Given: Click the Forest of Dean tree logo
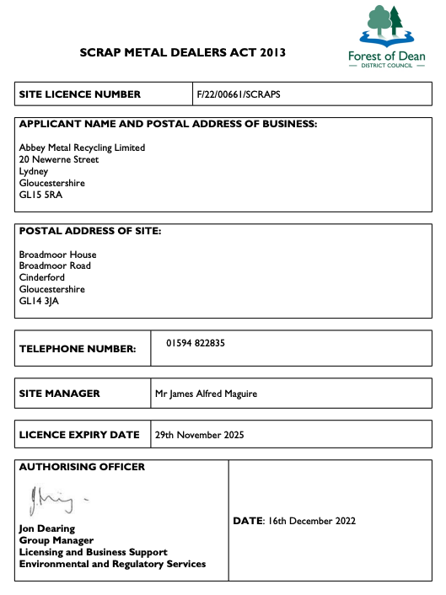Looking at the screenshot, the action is [387, 26].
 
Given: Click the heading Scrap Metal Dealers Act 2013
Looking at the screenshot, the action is [183, 52].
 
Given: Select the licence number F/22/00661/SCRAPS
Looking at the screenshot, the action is [239, 94].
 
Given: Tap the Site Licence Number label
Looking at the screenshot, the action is [80, 94].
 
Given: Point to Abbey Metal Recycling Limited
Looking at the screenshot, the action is [82, 147].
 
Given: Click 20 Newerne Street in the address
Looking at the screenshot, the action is [59, 159].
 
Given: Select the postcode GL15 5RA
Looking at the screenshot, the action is [40, 195].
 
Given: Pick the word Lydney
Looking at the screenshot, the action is [34, 171].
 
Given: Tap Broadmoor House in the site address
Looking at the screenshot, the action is [57, 255].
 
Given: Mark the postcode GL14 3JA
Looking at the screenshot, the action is [40, 301].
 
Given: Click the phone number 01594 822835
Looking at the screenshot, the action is [196, 343].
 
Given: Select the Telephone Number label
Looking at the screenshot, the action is [78, 348].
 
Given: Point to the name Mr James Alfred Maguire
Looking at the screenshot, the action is [207, 394].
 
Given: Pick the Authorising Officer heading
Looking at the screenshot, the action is [82, 467].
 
